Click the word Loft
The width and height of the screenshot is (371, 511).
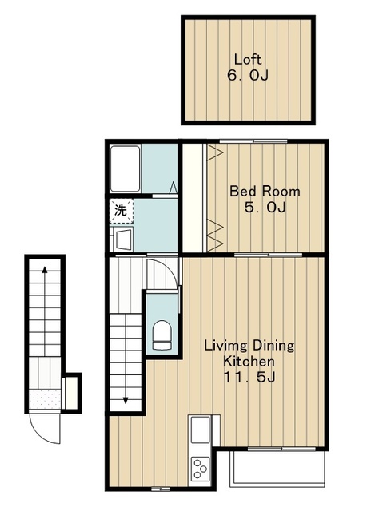248,60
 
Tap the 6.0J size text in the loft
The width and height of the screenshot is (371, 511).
248,76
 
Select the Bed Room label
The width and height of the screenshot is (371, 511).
265,191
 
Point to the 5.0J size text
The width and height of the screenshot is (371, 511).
265,207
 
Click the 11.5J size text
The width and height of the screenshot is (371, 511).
249,377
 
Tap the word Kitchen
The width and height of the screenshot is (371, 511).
249,361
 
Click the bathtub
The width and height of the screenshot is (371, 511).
125,168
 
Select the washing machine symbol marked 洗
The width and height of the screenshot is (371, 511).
121,211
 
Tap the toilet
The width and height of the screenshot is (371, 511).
162,335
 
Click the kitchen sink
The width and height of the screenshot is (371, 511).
200,430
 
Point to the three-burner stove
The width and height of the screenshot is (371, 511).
200,468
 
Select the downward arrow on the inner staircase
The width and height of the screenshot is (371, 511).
126,359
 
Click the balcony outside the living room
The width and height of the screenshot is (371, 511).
277,469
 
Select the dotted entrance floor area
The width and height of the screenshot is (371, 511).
45,399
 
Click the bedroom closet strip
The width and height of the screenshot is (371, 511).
193,197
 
